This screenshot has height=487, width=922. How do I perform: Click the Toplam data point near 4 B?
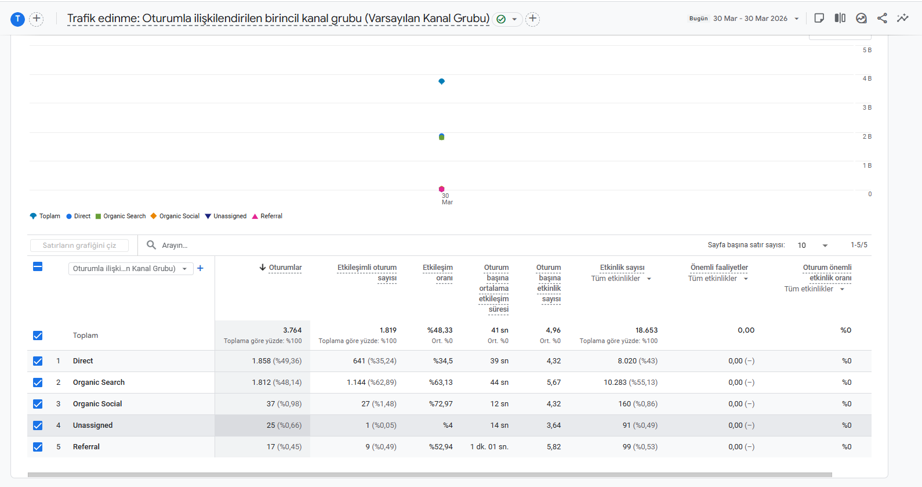click(x=442, y=81)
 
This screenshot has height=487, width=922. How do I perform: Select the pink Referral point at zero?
click(x=442, y=189)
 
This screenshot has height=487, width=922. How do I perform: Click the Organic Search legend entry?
click(x=121, y=216)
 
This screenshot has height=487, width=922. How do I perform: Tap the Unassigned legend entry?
click(x=226, y=216)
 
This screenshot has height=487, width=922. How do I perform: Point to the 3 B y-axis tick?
click(x=867, y=107)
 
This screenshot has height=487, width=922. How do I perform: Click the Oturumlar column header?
click(x=281, y=268)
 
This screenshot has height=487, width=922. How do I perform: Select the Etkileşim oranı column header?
click(x=438, y=273)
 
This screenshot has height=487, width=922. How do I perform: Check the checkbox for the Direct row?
click(x=38, y=361)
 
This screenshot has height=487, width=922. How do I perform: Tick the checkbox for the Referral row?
click(x=38, y=446)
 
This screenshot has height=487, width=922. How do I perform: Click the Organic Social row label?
click(x=97, y=404)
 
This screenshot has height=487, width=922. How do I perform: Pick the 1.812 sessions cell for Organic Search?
click(x=277, y=383)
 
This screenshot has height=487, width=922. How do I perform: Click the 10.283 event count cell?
click(x=630, y=383)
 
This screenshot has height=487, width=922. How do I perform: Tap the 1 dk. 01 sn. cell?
click(x=489, y=446)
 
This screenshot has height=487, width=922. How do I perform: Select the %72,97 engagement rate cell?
click(x=441, y=404)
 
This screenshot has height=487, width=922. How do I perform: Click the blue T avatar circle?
click(x=18, y=19)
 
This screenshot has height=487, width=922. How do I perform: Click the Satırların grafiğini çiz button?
click(x=79, y=245)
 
